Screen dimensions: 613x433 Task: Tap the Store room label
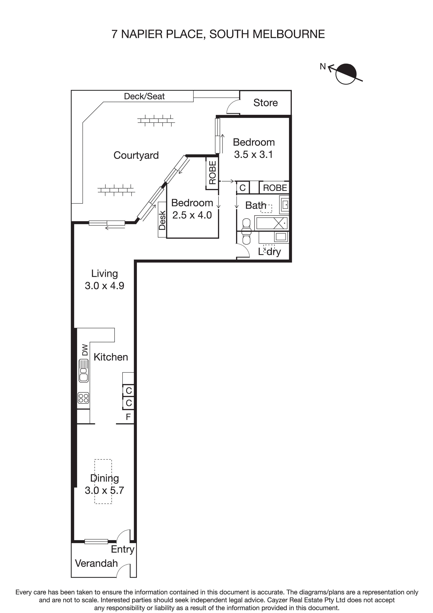[265, 103]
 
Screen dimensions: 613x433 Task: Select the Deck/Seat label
[144, 96]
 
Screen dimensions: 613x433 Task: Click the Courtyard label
[136, 155]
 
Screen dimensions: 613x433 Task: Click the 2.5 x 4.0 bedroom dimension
[192, 215]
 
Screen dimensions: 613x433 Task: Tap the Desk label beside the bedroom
[162, 220]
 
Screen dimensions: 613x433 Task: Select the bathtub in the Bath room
[271, 223]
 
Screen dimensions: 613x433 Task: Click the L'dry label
[269, 252]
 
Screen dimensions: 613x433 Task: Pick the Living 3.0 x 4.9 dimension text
[104, 286]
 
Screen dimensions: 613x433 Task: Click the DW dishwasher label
[85, 350]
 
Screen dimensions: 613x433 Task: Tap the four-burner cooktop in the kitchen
[83, 398]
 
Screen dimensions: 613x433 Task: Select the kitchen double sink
[83, 371]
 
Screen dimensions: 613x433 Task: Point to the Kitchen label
[111, 357]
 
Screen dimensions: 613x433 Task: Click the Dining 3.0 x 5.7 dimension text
[104, 491]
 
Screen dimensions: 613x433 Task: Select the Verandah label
[96, 563]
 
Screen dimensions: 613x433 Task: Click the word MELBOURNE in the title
[288, 34]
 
